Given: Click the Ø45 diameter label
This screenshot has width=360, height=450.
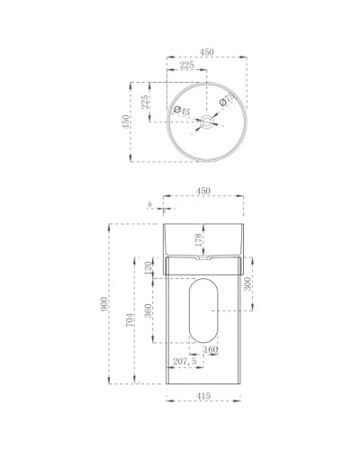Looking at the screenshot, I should click(x=180, y=112).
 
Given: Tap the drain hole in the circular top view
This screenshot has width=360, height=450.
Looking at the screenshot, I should click(x=206, y=121).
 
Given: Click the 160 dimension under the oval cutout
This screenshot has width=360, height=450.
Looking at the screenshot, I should click(x=211, y=351).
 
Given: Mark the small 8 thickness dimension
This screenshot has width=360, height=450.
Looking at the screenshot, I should click(x=149, y=204).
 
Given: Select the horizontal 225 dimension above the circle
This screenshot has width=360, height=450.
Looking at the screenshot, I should click(x=186, y=65).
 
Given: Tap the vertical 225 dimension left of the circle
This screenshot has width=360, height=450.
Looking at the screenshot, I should click(x=144, y=102).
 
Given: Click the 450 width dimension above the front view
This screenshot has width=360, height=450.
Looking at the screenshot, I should click(x=203, y=190).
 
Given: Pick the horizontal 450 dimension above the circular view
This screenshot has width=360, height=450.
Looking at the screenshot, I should click(x=206, y=51).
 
